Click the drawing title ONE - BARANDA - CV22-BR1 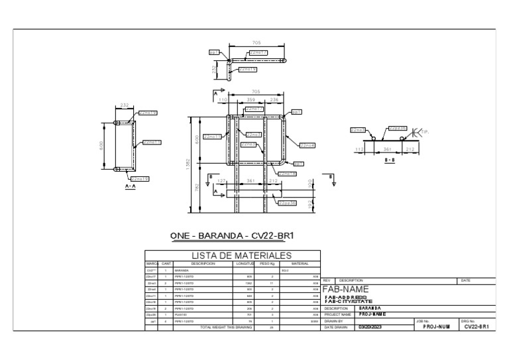point(231,236)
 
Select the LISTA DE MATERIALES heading point(241,256)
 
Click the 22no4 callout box point(307,145)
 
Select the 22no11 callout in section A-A point(151,142)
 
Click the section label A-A point(131,187)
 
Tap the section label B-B point(391,160)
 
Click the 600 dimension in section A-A point(101,145)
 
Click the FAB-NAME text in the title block point(345,289)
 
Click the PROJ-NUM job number point(437,327)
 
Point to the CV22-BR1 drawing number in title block point(477,327)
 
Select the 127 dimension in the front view point(222,180)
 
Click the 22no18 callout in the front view point(287,174)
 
